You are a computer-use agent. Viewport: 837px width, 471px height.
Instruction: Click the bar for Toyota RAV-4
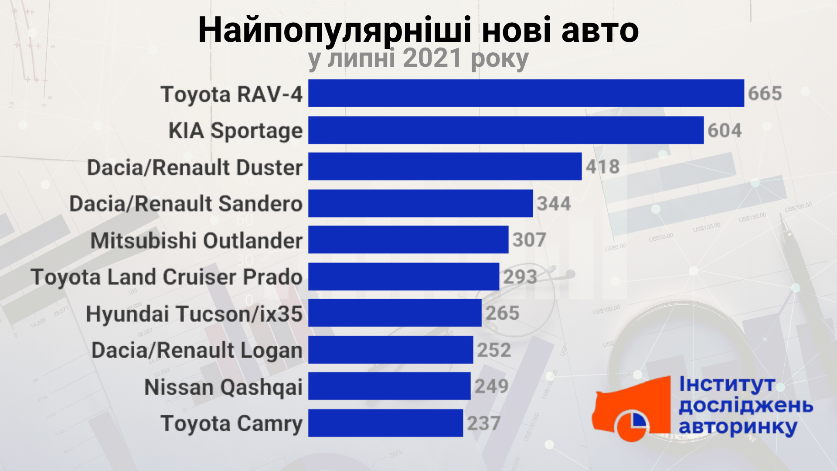tap(526, 93)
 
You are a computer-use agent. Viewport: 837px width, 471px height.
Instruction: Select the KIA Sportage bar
tap(506, 130)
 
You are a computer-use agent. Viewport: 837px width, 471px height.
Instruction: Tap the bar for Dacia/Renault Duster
tap(445, 166)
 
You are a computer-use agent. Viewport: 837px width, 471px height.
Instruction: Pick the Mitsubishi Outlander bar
tap(408, 239)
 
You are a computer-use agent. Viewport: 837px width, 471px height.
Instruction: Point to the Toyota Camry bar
tap(385, 423)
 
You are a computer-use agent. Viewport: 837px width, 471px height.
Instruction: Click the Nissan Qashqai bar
tap(389, 386)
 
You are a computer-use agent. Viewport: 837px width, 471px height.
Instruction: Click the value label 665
tap(765, 94)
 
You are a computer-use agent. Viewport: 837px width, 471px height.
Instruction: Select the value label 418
tap(602, 167)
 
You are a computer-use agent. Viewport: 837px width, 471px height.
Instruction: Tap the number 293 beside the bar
tap(520, 276)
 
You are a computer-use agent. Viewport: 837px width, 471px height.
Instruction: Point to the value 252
tap(494, 350)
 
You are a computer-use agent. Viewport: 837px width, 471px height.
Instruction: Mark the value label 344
tap(554, 204)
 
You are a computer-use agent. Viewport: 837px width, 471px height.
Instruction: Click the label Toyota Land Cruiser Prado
tap(167, 277)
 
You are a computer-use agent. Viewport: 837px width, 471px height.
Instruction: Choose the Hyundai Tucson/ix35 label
tap(194, 314)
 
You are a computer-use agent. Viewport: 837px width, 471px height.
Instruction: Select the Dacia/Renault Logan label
tap(197, 350)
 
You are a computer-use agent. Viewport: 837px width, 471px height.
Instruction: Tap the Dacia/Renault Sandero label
tap(186, 204)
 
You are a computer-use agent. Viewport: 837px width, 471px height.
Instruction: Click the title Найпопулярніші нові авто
tap(418, 31)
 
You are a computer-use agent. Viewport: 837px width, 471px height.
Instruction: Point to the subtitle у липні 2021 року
tap(418, 59)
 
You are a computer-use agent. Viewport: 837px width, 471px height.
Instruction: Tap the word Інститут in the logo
tap(727, 385)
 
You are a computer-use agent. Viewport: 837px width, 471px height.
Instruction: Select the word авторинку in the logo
tap(738, 427)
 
